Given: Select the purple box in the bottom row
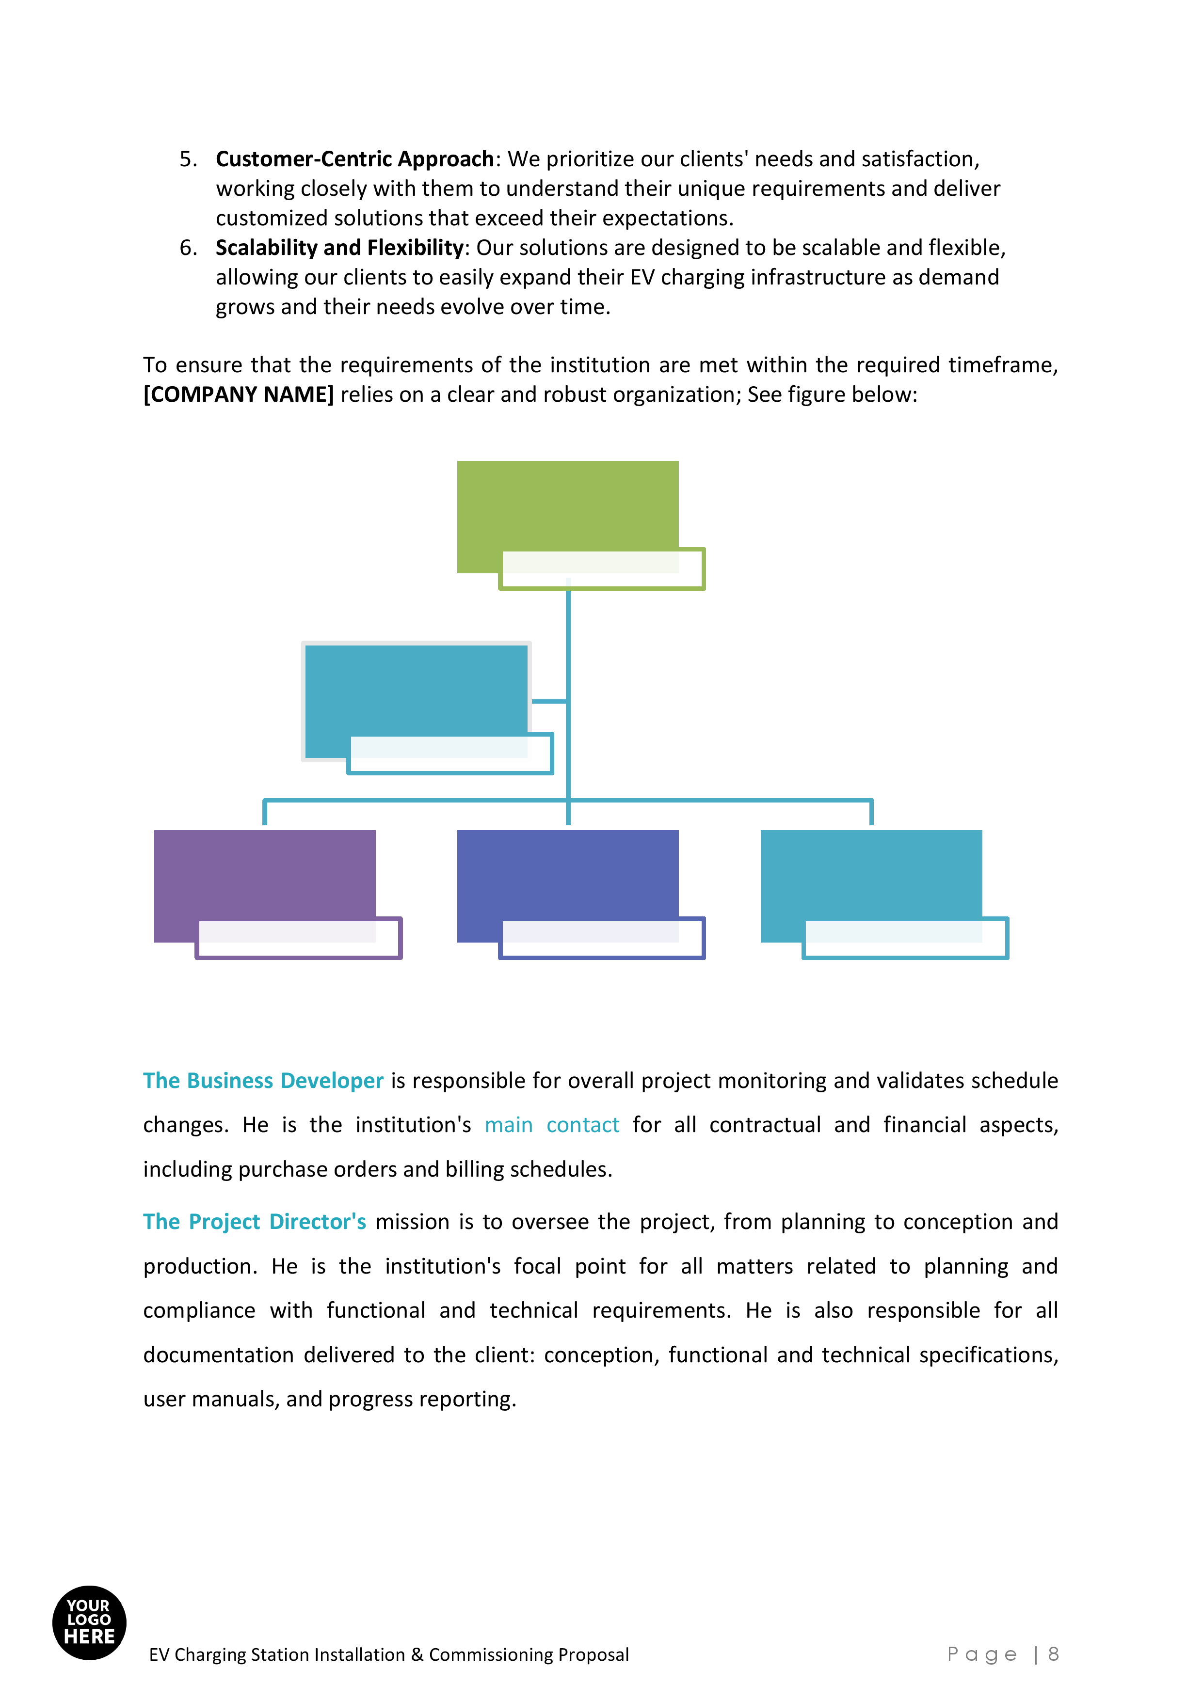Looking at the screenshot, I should click(x=264, y=874).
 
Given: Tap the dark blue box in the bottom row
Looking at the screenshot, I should click(x=567, y=874).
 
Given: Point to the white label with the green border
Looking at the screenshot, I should click(x=601, y=568).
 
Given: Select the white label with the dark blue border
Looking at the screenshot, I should click(x=601, y=938).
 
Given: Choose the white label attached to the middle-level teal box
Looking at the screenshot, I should click(x=449, y=754).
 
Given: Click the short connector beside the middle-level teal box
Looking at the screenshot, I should click(x=549, y=700).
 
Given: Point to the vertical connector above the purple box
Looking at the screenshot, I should click(x=264, y=814).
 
